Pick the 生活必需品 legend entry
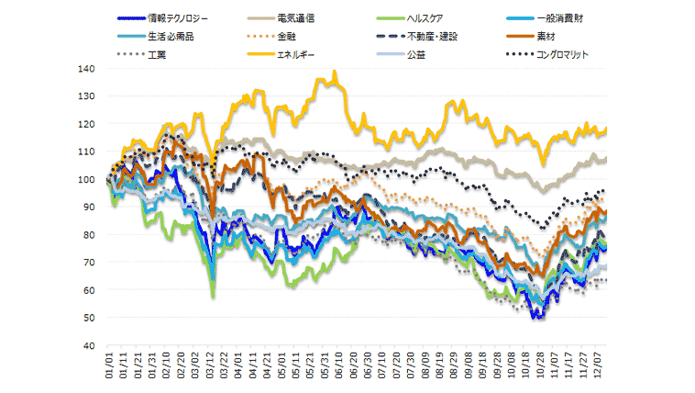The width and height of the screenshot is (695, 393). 171,36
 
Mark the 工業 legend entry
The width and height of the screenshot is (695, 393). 157,54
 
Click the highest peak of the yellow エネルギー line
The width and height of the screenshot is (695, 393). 335,72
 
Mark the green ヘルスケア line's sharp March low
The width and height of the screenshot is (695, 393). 213,296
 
